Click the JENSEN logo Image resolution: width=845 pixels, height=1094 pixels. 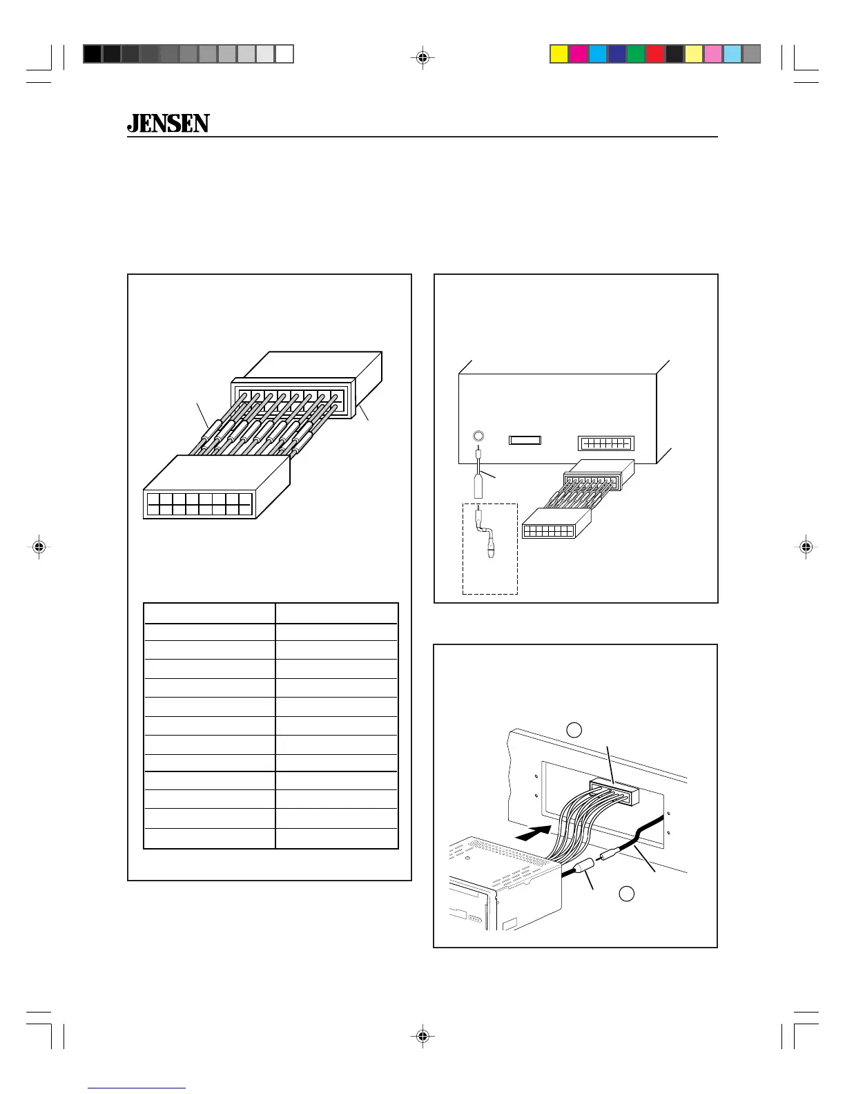pos(168,124)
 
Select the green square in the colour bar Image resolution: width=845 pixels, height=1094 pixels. pos(636,54)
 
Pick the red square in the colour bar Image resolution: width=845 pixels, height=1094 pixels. pos(655,54)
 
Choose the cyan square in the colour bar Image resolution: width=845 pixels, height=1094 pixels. pos(597,54)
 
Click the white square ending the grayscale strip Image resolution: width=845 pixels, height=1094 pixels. pos(284,54)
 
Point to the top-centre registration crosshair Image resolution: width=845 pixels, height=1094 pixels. pos(422,59)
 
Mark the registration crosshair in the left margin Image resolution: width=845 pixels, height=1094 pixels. pos(39,547)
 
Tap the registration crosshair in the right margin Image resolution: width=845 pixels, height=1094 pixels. pos(806,547)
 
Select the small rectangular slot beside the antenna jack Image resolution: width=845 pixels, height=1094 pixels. pos(525,440)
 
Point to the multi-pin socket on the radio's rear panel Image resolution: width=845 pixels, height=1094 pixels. pos(605,443)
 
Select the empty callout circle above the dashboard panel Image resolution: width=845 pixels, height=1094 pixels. pos(574,729)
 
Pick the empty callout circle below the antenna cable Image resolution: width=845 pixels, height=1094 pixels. pos(626,893)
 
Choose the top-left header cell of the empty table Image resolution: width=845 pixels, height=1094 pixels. pos(209,613)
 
